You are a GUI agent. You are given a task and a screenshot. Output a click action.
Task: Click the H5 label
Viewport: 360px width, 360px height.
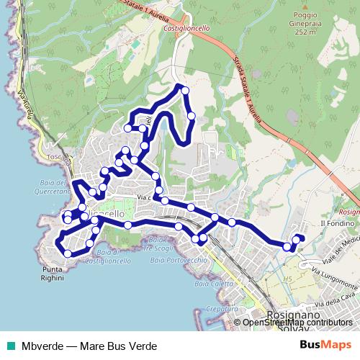[x=289, y=278]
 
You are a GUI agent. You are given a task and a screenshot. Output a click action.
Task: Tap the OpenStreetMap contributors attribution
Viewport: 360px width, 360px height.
[x=297, y=323]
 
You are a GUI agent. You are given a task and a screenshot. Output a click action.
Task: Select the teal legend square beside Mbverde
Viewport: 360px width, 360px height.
[x=9, y=346]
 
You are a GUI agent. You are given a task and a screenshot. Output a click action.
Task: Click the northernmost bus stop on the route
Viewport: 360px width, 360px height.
[x=185, y=90]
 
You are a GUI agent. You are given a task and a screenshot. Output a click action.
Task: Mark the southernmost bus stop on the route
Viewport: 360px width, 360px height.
[x=68, y=253]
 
